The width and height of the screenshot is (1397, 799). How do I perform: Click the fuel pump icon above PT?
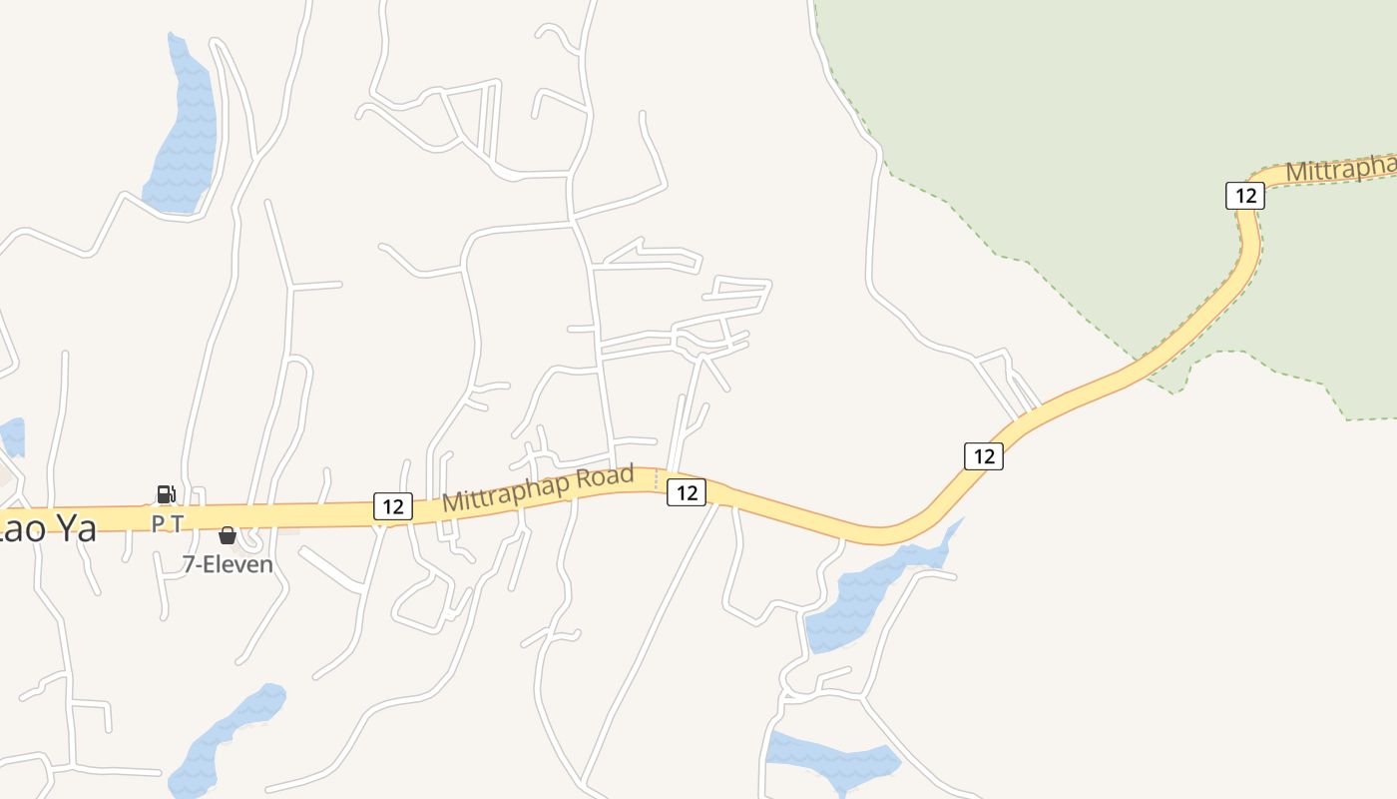click(x=166, y=493)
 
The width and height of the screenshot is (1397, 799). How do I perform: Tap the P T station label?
click(x=167, y=522)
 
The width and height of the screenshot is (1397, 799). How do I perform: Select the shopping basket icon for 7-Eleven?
click(x=228, y=535)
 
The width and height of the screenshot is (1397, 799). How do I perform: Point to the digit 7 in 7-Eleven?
click(x=189, y=564)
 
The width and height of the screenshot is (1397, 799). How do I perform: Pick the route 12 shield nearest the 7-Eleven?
click(x=393, y=505)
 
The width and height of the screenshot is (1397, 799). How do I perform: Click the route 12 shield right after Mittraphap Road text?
click(x=687, y=491)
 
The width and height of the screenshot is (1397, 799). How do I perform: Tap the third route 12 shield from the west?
click(x=984, y=456)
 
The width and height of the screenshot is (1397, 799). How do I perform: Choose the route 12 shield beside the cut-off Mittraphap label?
click(x=1245, y=195)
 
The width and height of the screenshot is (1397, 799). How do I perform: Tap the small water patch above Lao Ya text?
click(x=12, y=435)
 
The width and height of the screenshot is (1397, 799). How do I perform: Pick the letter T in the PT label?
click(x=177, y=522)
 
